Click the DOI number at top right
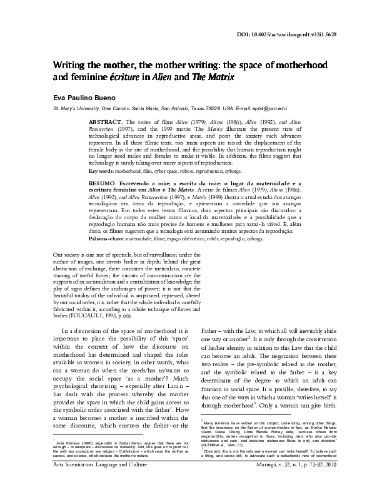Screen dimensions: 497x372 coord(313,34)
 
